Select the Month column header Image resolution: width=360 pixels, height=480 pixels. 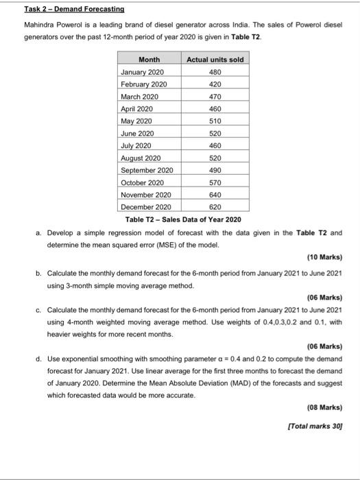point(149,60)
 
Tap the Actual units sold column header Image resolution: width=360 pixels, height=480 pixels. point(215,60)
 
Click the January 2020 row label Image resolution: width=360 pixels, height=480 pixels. point(142,72)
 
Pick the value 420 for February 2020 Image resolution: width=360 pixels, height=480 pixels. point(215,84)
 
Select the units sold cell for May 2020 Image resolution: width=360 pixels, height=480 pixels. point(215,121)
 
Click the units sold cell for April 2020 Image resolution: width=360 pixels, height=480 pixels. point(215,109)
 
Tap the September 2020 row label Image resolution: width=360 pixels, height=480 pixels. point(146,169)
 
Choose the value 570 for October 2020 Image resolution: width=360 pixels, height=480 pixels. point(215,182)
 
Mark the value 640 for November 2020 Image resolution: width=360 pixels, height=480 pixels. point(215,194)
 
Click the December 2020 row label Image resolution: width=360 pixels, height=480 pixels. point(145,206)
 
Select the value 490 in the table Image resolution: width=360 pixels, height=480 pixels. point(215,169)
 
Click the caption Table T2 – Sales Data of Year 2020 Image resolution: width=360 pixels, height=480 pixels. point(182,219)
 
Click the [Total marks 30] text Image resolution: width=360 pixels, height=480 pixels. point(317,427)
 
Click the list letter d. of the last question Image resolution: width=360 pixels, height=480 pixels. point(39,358)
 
